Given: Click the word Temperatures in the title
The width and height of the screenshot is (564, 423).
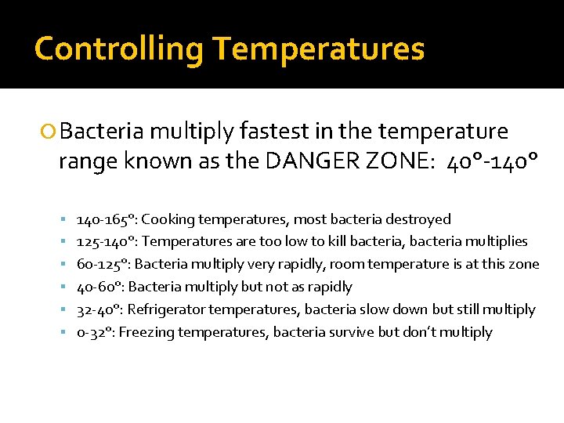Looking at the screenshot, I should point(319,49).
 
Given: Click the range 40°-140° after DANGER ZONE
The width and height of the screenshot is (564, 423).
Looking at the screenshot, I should point(492,161).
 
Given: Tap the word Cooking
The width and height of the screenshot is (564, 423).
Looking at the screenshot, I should point(168,219).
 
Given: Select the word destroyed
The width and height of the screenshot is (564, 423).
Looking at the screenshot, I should point(421,219).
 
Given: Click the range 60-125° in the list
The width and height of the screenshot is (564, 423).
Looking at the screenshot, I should point(103,264).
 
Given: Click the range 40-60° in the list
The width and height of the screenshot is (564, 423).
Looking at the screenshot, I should point(99,287).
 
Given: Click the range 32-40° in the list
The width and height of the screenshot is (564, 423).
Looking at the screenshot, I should point(99,309).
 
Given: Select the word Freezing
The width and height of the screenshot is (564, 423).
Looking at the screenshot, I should point(146,332).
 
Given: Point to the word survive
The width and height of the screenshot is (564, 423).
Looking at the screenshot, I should point(349,332).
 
